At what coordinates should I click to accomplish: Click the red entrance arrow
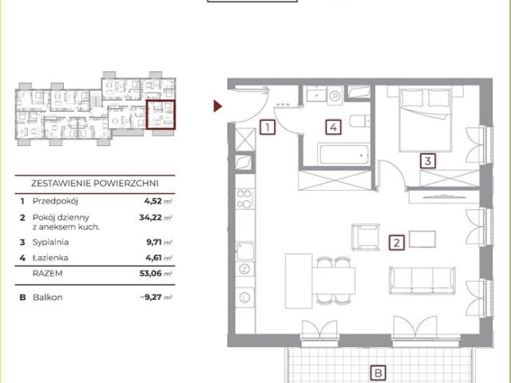tap(217, 106)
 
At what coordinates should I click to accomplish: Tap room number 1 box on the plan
tap(267, 127)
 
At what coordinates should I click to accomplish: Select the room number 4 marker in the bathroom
tap(334, 127)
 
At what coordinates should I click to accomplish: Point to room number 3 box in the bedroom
tap(428, 161)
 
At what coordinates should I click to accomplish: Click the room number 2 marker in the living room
tap(397, 243)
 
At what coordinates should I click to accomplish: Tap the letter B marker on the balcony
tap(378, 373)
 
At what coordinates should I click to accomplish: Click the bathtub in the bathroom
tap(344, 154)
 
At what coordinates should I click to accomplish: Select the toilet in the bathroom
tap(360, 121)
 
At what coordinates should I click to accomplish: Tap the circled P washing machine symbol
tap(335, 96)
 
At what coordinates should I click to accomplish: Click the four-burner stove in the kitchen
tap(244, 199)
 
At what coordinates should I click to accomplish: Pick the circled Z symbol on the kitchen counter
tap(244, 269)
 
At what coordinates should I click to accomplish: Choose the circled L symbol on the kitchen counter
tap(244, 298)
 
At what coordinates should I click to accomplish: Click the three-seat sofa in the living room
tap(422, 280)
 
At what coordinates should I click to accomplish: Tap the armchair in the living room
tap(366, 237)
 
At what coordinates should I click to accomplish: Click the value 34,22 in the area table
tap(151, 217)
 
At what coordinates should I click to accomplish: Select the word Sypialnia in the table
tap(50, 243)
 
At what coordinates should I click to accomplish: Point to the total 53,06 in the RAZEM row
tap(151, 273)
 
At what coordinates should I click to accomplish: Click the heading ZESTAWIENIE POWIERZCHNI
tap(95, 184)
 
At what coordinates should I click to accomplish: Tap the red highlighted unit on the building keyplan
tap(160, 115)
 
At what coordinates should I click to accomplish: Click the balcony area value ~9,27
tap(151, 298)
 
